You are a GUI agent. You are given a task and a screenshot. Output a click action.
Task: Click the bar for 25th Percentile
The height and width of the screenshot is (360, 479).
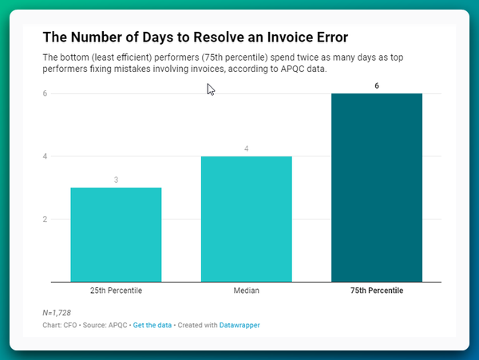coord(116,235)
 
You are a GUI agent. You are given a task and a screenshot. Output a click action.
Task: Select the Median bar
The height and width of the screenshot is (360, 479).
coord(246,219)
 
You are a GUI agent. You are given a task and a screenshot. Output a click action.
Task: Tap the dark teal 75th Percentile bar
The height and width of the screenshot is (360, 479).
coord(377,188)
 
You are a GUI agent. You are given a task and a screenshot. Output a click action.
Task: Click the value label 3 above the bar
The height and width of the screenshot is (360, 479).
coord(116,180)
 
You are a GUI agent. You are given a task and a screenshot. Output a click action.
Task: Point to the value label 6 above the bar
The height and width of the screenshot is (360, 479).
coord(377,85)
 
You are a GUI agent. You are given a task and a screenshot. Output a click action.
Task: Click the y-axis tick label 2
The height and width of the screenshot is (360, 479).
coord(46,220)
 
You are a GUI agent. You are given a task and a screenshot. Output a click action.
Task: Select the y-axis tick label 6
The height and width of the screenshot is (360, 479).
coord(46,93)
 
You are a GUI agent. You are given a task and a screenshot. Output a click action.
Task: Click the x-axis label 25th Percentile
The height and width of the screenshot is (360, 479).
coord(116,291)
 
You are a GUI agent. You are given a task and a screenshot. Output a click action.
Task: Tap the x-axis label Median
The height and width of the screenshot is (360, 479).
coord(246,291)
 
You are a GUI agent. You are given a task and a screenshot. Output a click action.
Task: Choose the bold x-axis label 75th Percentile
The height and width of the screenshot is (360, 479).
coord(377,291)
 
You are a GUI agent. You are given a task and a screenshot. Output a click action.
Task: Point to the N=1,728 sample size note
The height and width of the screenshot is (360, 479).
coord(57,312)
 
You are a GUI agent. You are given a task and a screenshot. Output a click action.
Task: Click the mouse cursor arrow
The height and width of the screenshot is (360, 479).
coord(211,89)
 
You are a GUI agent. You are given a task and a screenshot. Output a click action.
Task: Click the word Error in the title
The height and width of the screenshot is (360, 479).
coord(331,38)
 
